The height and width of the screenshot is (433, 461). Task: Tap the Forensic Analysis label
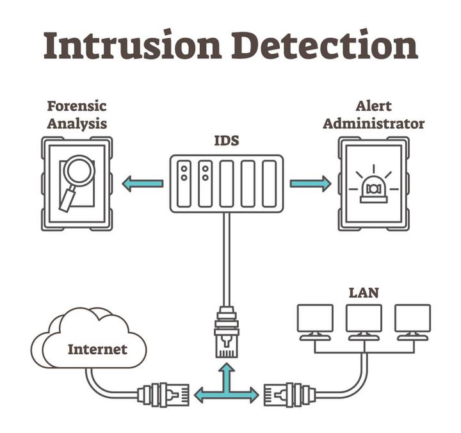click(76, 114)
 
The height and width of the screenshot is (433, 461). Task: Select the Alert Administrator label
click(373, 114)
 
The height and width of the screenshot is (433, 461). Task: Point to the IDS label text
click(226, 140)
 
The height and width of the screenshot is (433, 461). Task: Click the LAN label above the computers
click(363, 293)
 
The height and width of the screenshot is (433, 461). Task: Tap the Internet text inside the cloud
click(97, 349)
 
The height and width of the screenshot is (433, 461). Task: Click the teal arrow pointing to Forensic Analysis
click(142, 183)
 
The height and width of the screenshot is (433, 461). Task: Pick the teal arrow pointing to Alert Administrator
click(311, 183)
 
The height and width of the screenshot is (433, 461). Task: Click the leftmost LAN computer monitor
click(315, 319)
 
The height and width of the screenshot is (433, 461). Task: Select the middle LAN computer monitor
click(364, 319)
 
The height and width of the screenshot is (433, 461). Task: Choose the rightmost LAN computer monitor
click(412, 319)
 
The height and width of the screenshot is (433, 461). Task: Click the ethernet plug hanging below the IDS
click(226, 331)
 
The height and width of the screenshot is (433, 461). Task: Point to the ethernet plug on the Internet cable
click(164, 394)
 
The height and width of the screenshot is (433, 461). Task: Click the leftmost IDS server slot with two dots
click(184, 183)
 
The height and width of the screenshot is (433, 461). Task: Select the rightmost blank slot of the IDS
click(269, 183)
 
